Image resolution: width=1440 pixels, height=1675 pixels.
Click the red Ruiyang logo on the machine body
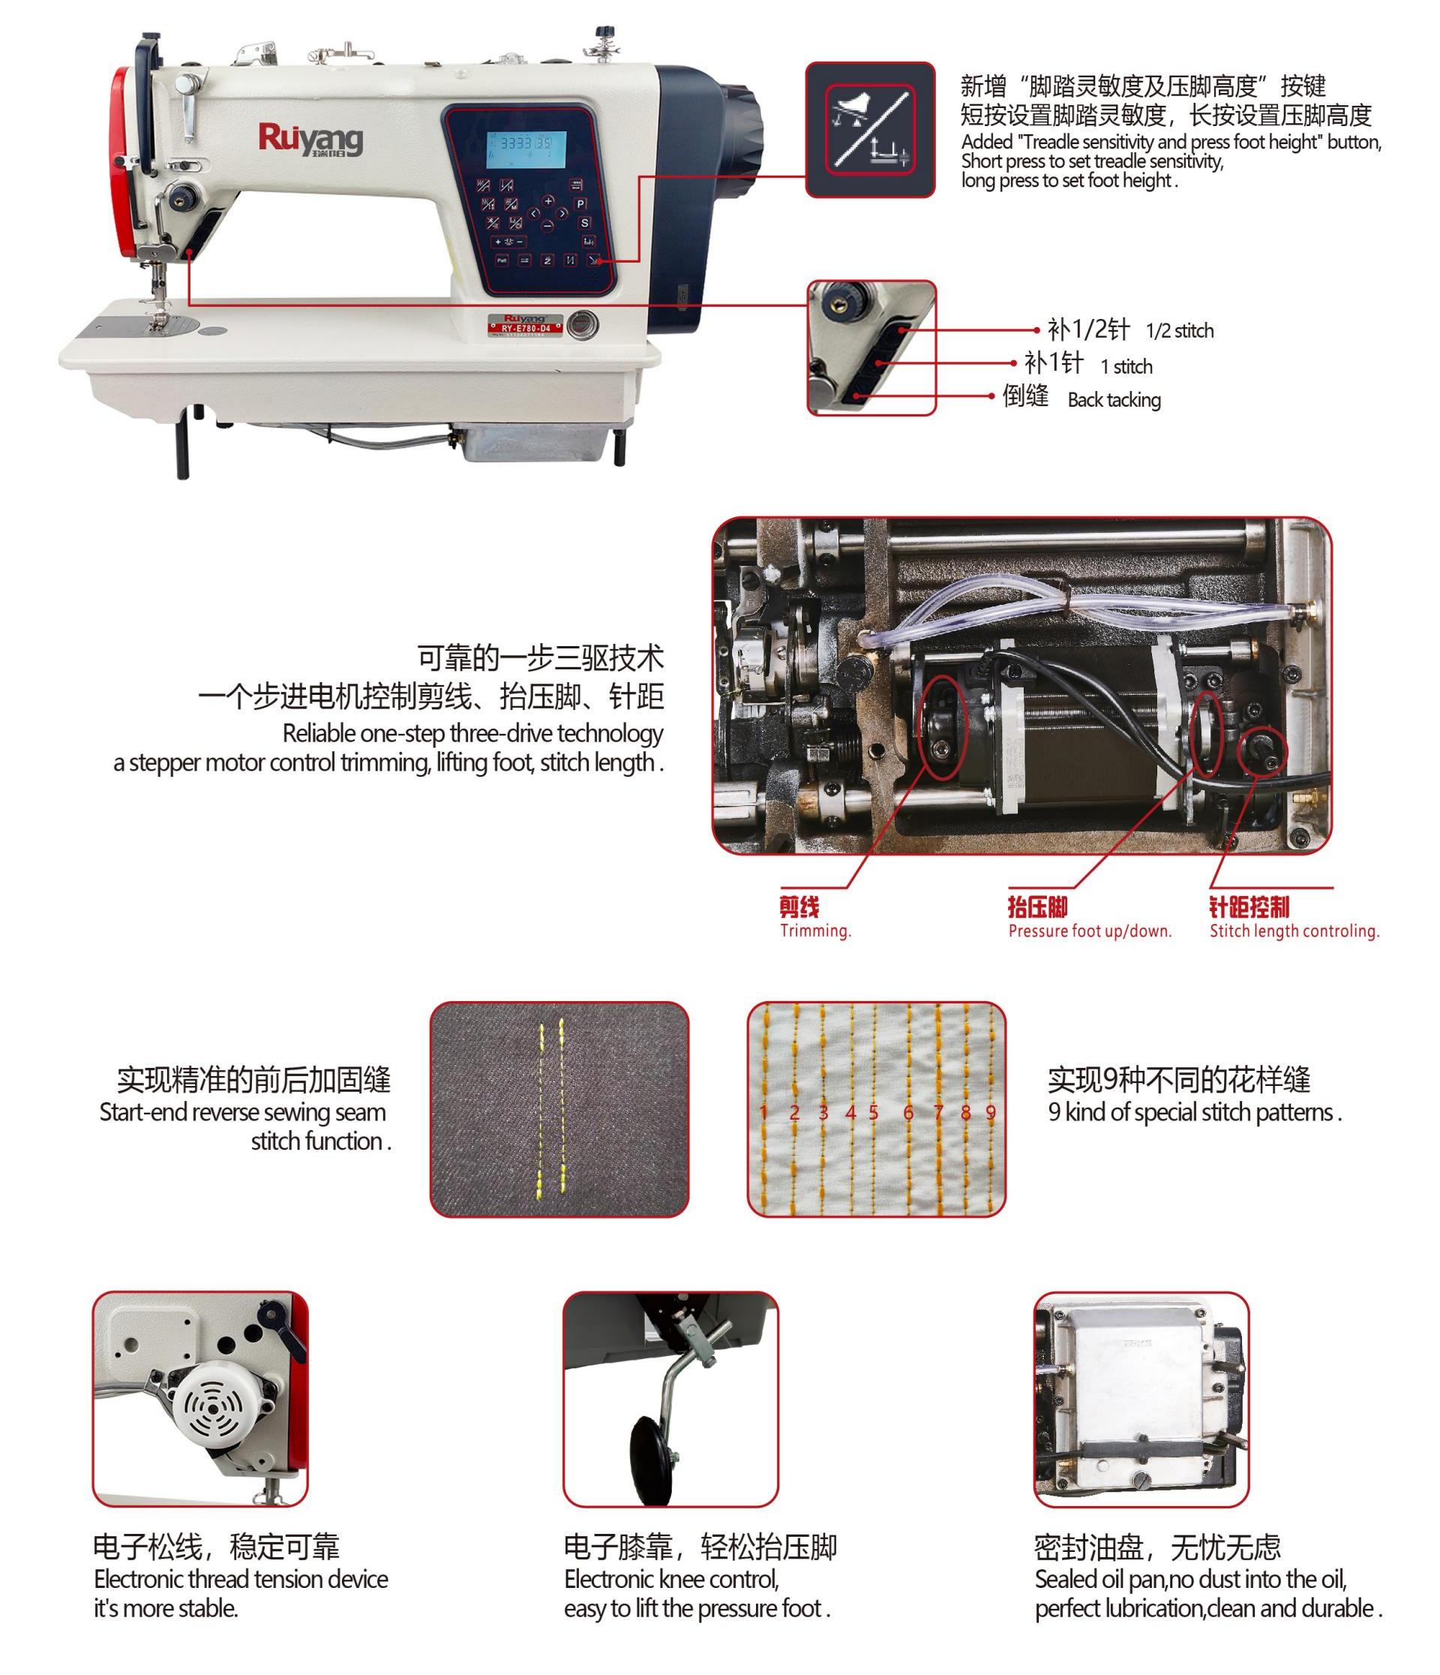[x=310, y=138]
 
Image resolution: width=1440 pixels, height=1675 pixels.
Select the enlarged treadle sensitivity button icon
[x=869, y=129]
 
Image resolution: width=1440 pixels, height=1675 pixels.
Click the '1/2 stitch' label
[x=1179, y=331]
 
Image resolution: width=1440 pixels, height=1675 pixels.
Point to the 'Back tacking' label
[x=1114, y=400]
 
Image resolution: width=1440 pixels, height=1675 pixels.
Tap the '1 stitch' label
[x=1126, y=367]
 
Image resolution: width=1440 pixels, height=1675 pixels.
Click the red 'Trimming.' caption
[x=814, y=931]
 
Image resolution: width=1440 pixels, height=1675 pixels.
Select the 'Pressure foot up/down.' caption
[x=1089, y=931]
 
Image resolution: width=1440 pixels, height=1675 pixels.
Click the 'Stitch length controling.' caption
[x=1294, y=931]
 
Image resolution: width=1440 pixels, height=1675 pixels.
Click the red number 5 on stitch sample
[x=874, y=1112]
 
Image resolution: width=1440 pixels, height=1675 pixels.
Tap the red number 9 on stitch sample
[x=991, y=1112]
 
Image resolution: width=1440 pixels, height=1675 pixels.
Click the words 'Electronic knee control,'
[x=671, y=1579]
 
